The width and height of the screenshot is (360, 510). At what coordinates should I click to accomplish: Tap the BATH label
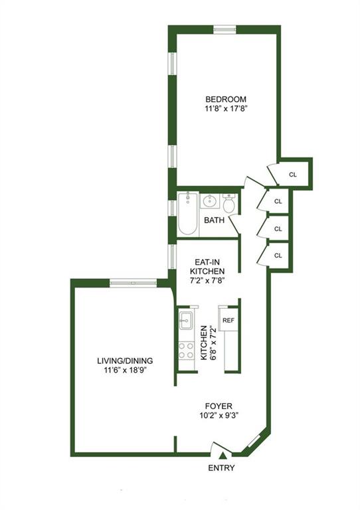pos(213,220)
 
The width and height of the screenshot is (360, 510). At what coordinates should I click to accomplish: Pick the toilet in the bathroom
pos(229,203)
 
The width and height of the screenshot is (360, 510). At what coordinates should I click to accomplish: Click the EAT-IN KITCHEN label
pos(207,266)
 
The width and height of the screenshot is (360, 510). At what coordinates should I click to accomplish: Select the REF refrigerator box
pos(228,320)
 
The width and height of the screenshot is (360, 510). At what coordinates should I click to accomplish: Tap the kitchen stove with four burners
pos(185,349)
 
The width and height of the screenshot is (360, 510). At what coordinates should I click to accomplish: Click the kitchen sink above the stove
pos(185,321)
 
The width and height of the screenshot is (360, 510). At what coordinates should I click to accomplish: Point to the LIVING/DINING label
pos(125,361)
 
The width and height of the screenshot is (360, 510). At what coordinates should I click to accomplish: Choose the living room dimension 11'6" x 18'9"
pos(125,371)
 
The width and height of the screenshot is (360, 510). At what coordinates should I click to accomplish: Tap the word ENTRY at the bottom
pos(221,467)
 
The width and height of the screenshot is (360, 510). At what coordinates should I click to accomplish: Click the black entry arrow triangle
pos(223,455)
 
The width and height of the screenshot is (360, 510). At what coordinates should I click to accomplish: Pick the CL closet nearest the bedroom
pos(293,175)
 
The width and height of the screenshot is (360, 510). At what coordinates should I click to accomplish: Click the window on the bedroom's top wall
pos(225,29)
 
